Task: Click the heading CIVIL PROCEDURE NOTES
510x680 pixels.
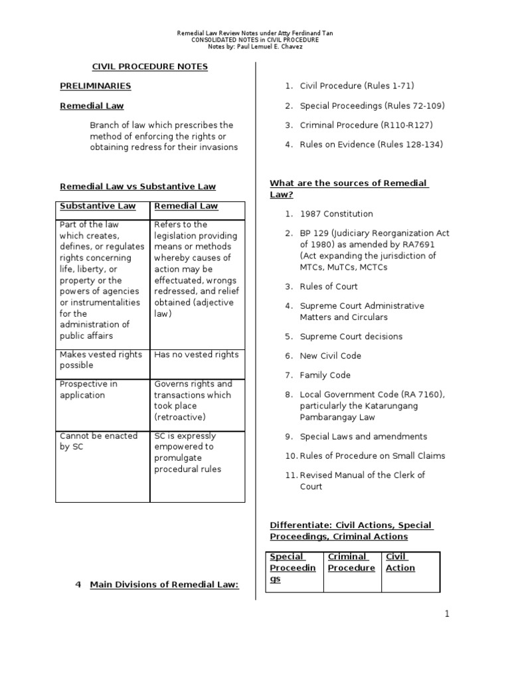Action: tap(149, 66)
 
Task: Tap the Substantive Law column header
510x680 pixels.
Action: tap(98, 206)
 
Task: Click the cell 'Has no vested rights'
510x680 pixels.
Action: tap(196, 355)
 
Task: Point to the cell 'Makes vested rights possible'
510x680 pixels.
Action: tap(100, 360)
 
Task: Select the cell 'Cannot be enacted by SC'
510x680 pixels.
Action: tap(98, 441)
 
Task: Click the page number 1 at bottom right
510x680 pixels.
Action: tap(448, 614)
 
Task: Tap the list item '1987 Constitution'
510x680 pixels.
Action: tap(336, 214)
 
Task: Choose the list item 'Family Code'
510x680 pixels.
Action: tap(325, 375)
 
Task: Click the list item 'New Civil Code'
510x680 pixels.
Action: tap(330, 356)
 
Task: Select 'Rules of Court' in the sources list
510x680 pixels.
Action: tap(328, 287)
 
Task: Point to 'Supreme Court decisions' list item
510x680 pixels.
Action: tap(351, 337)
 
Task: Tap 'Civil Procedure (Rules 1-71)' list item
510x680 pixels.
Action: tap(357, 86)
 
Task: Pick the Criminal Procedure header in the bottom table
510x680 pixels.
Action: tap(351, 562)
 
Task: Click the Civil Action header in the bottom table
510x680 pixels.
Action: tap(400, 562)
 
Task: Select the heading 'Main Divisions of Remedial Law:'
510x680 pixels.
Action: tap(163, 584)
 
